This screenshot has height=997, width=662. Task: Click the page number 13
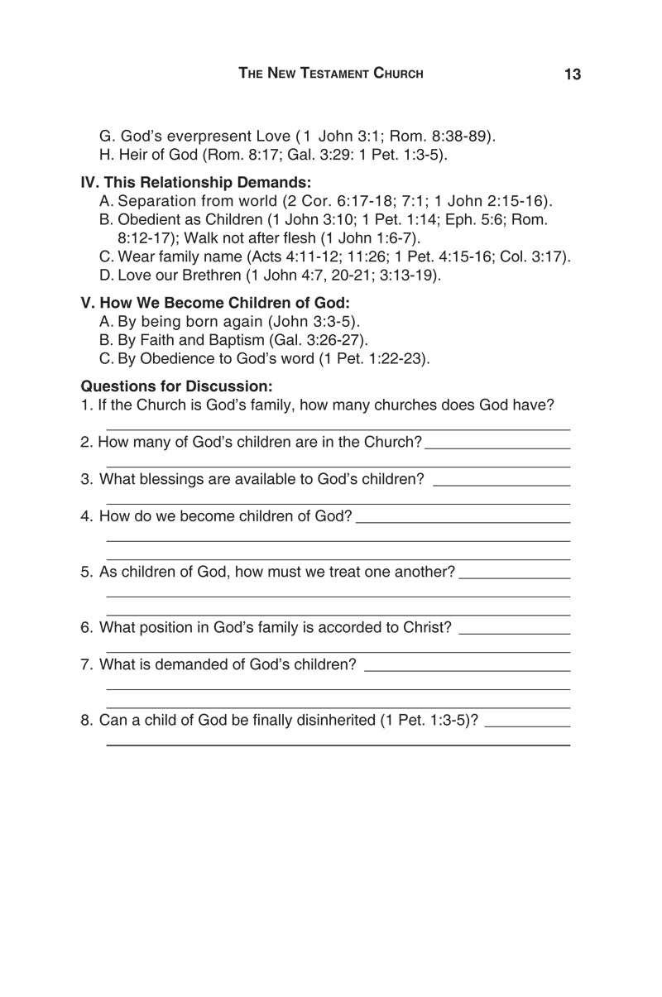click(573, 74)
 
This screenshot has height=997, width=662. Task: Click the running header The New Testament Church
click(331, 74)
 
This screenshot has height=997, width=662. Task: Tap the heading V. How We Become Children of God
click(215, 303)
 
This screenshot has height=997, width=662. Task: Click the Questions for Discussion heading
click(176, 386)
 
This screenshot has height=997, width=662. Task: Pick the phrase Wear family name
click(175, 256)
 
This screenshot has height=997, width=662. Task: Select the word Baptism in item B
click(234, 340)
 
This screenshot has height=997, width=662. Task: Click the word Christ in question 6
click(427, 627)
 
